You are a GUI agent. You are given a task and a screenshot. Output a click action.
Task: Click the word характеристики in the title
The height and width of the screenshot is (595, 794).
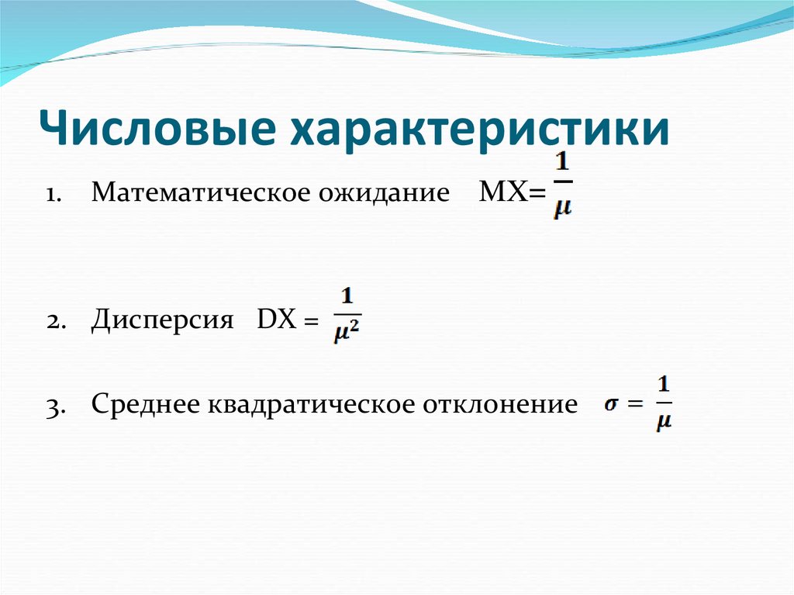478,129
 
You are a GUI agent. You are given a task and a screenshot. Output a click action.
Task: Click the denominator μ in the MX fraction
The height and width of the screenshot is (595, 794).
563,208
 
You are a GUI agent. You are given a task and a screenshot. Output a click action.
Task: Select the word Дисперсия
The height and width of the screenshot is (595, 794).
162,320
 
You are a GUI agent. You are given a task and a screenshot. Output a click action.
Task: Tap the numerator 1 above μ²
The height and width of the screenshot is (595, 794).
347,296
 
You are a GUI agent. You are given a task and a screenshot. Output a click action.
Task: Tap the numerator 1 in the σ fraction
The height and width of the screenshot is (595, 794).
664,383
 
